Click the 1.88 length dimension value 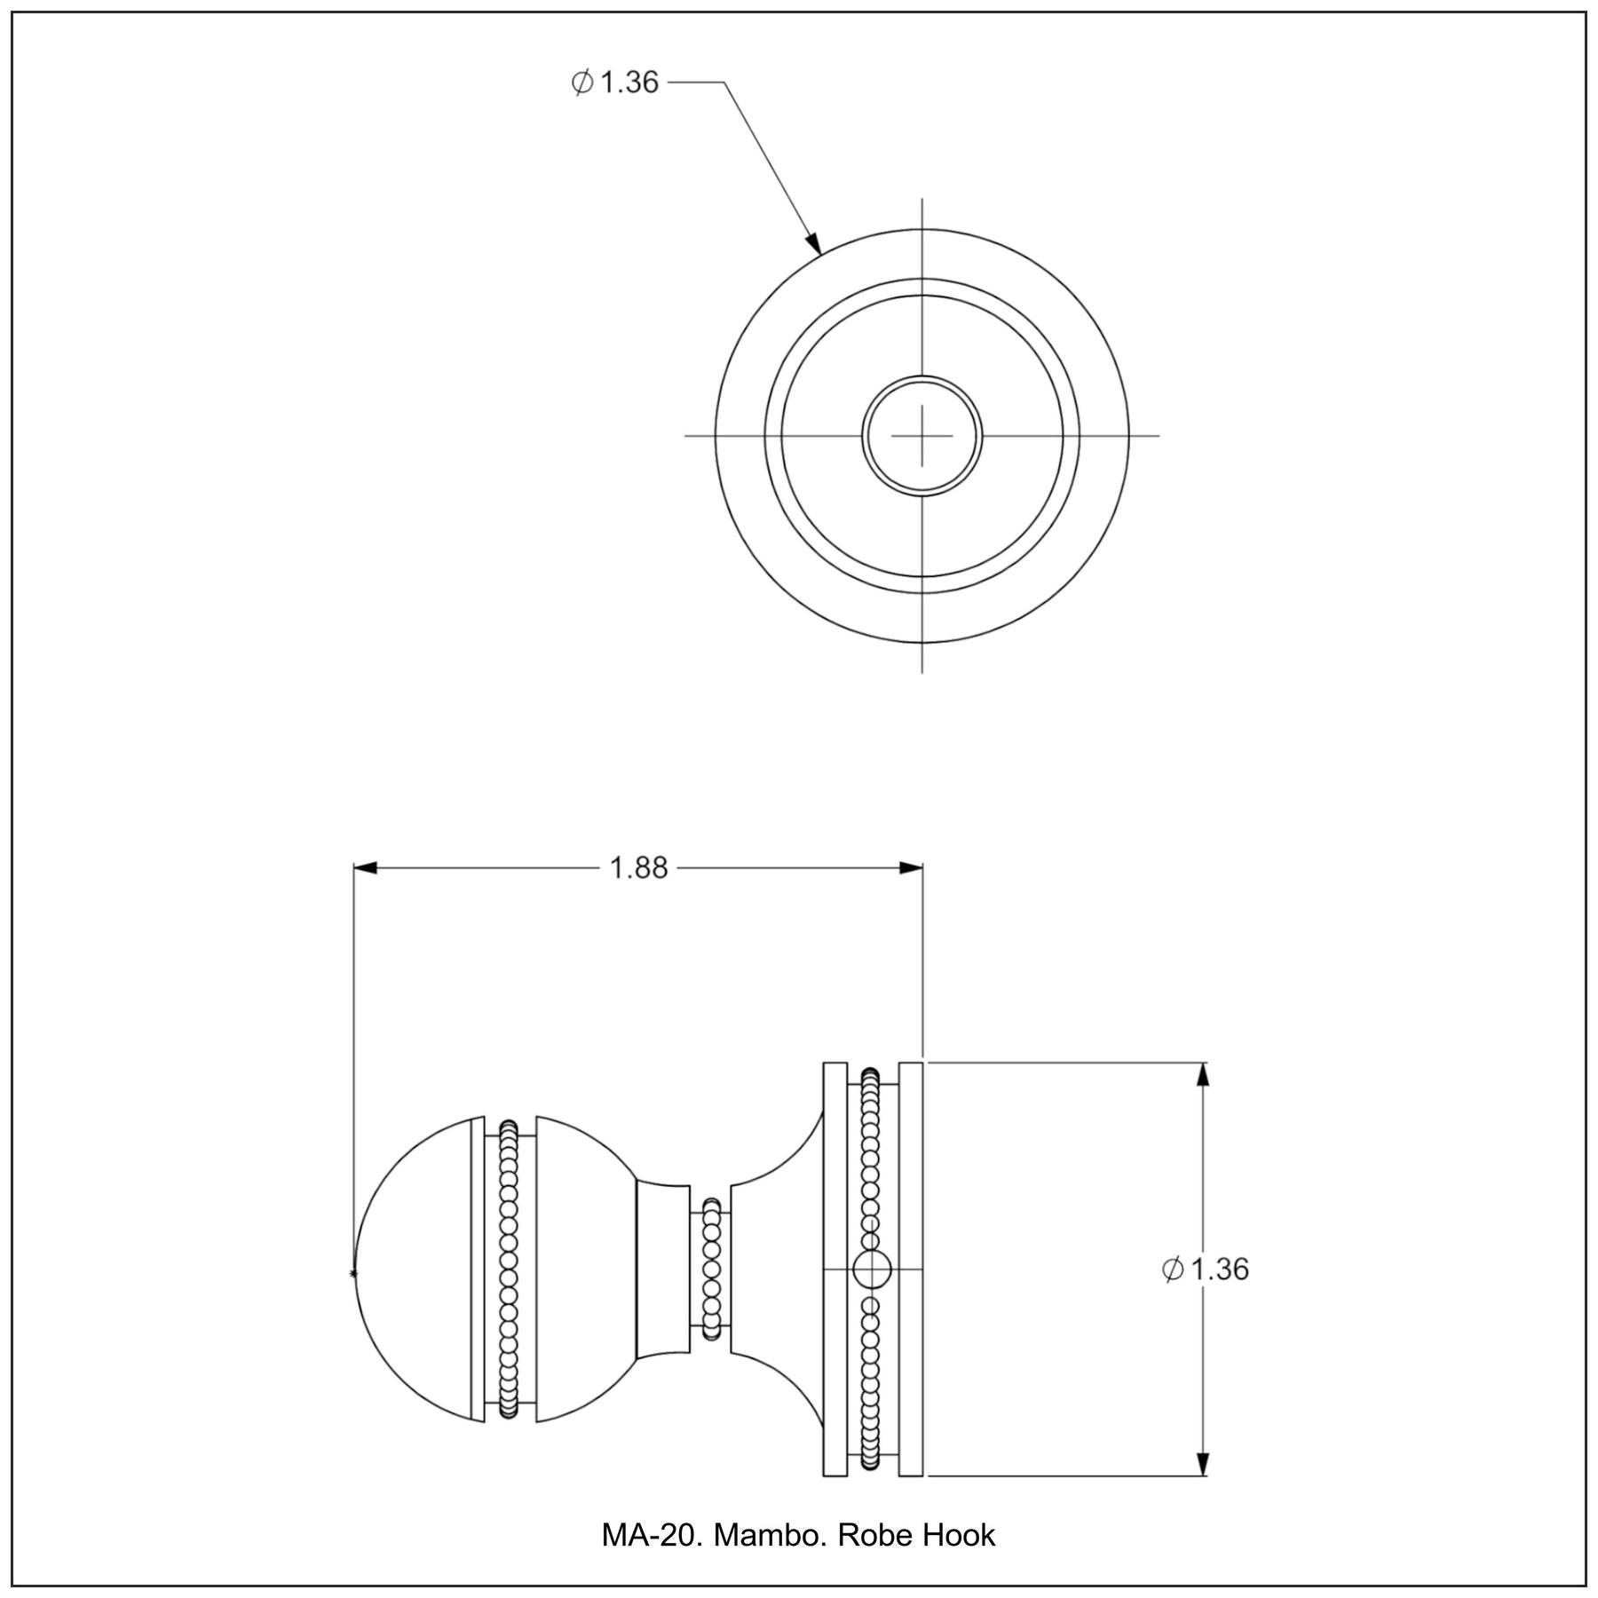638,867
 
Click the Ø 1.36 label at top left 614,83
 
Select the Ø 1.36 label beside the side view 1205,1270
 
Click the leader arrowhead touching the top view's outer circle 812,241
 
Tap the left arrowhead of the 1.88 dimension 366,867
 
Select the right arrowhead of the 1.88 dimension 911,867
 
